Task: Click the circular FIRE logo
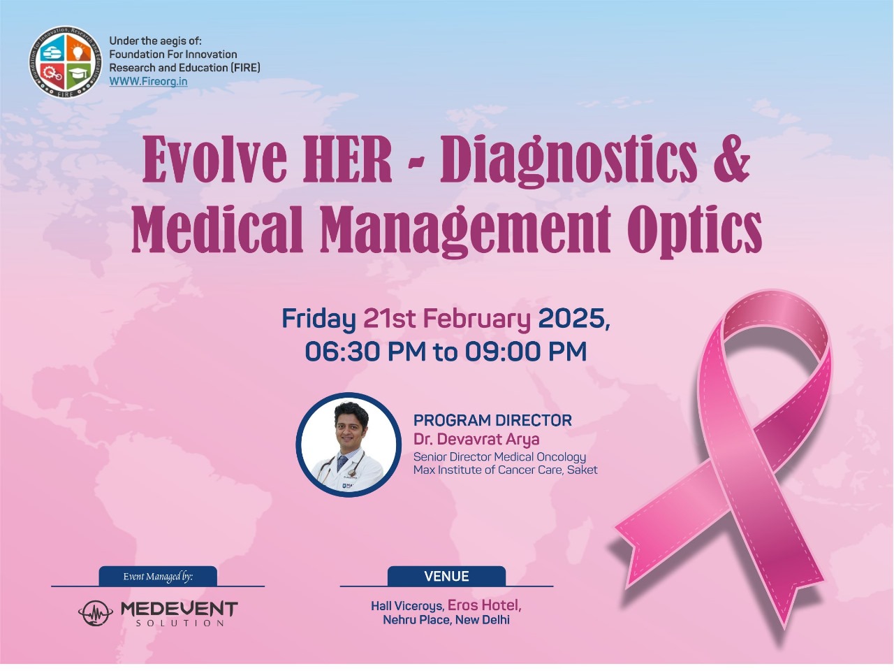click(66, 62)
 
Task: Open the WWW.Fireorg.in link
click(148, 82)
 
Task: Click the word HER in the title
click(347, 160)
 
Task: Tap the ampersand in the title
click(731, 159)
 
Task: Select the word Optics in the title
click(695, 231)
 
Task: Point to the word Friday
click(319, 319)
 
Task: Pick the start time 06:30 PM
click(365, 351)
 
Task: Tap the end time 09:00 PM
click(526, 351)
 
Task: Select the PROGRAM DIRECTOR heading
click(493, 420)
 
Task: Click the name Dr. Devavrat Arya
click(476, 440)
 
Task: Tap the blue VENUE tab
click(446, 576)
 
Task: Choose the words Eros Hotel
click(484, 605)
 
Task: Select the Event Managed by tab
click(158, 576)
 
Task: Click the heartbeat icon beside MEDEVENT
click(96, 613)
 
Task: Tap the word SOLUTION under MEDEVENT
click(179, 623)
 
